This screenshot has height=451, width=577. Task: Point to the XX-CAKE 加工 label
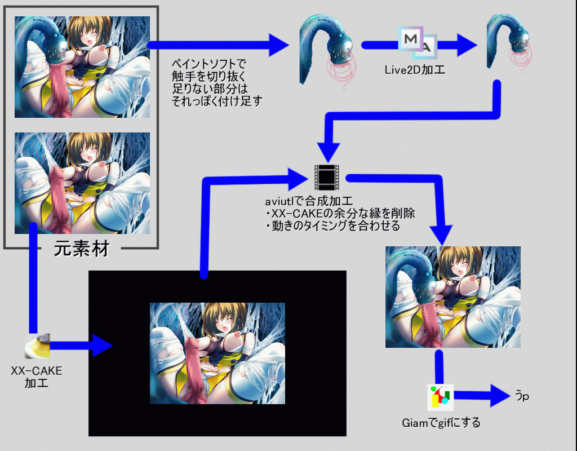coord(37,377)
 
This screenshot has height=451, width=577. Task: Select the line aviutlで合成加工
coord(308,201)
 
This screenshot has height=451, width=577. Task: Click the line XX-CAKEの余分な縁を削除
coord(340,214)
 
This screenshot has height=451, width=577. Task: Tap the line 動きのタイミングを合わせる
coord(332,226)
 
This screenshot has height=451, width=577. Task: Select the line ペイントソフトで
coord(209,64)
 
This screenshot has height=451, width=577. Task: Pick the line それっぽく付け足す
coord(218,101)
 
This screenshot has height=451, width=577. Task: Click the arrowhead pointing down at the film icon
coord(329,151)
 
